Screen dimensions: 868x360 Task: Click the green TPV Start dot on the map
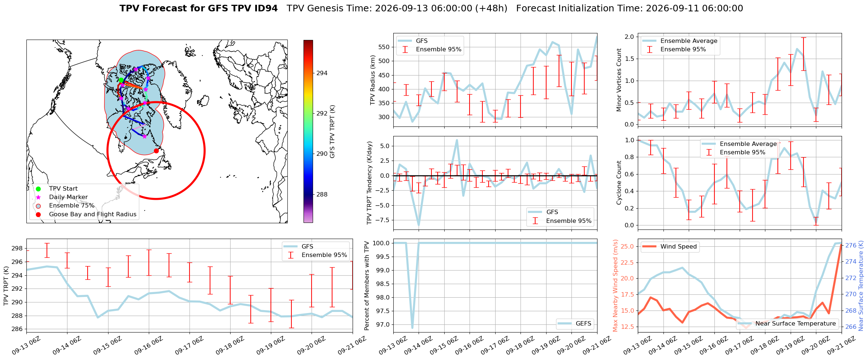(x=121, y=80)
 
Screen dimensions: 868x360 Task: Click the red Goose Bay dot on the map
(x=156, y=151)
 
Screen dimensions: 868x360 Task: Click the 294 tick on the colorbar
(x=322, y=73)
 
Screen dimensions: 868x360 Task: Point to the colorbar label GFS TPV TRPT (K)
(x=332, y=132)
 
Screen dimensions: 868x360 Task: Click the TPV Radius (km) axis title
(x=373, y=80)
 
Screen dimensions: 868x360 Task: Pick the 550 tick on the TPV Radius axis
(x=383, y=47)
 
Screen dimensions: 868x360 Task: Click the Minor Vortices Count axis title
(x=619, y=80)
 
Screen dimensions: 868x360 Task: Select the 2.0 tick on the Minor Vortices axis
(x=629, y=37)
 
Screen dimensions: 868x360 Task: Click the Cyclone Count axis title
(x=619, y=183)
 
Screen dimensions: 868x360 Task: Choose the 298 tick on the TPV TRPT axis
(x=17, y=249)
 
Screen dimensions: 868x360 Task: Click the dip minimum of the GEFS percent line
(x=412, y=327)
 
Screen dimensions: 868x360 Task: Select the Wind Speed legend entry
(x=670, y=247)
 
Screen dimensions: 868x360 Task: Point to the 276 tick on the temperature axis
(x=851, y=245)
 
